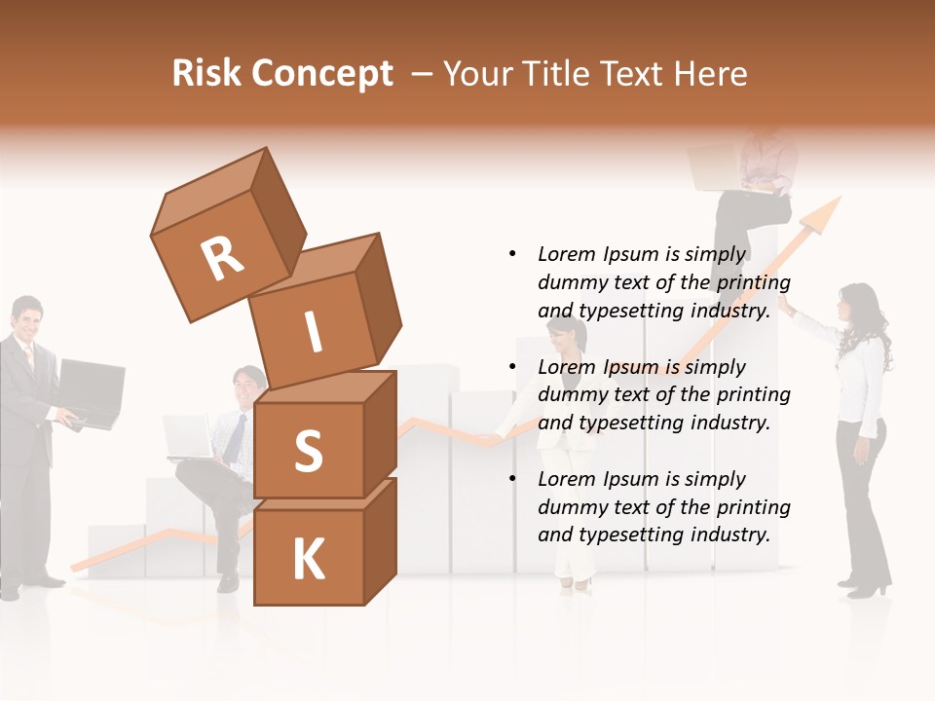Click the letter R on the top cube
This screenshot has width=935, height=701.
click(222, 259)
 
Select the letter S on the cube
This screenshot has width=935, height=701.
click(308, 453)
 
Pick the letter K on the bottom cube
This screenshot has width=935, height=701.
click(308, 560)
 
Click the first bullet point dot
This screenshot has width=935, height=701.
click(512, 254)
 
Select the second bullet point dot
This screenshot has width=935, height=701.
click(512, 367)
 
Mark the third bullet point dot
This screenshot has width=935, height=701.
click(512, 479)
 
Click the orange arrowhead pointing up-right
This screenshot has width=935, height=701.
click(824, 213)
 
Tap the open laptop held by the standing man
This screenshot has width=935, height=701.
click(91, 391)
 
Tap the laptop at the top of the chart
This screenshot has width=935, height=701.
click(714, 167)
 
